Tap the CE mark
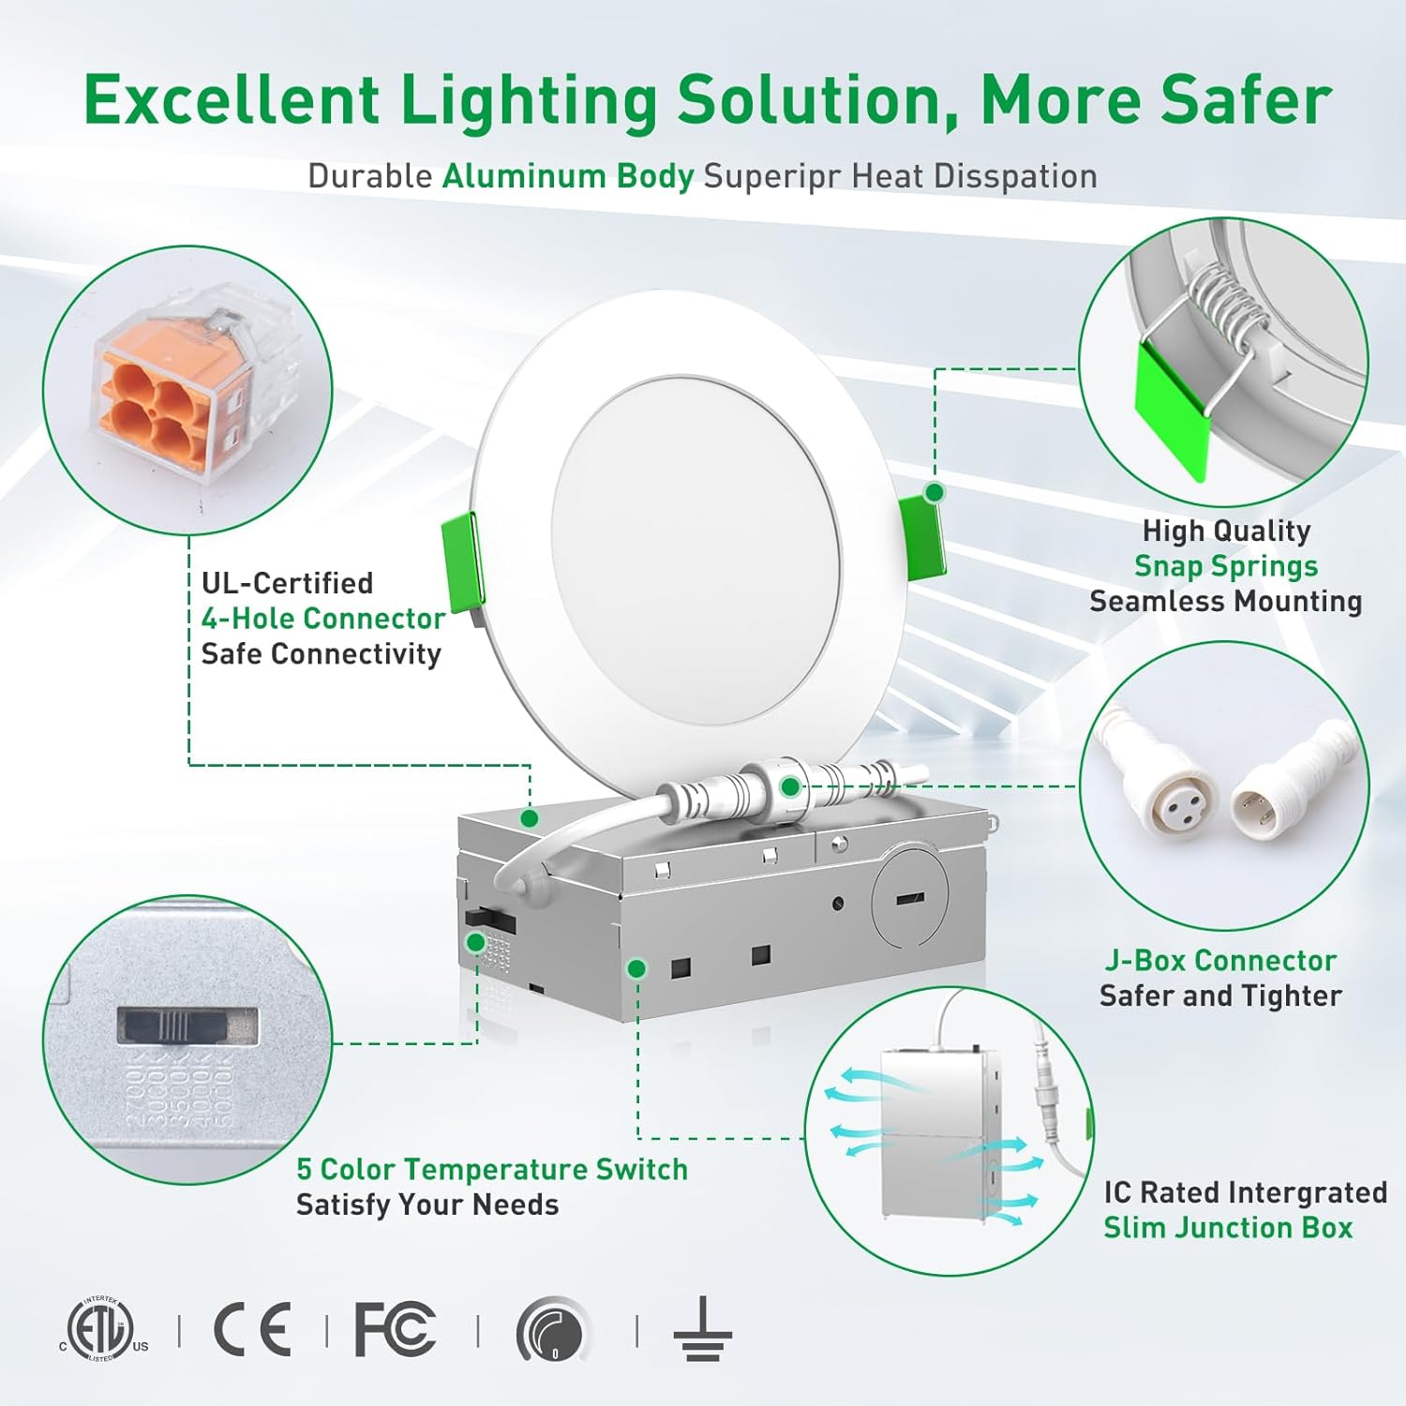[x=252, y=1329]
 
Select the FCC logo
[x=395, y=1329]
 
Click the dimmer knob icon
[x=553, y=1329]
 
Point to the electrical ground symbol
[x=702, y=1329]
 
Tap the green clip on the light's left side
[x=462, y=562]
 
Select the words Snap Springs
[x=1226, y=566]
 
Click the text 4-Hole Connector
[x=322, y=619]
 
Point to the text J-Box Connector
[x=1220, y=961]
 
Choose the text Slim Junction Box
[x=1228, y=1228]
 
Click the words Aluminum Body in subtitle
[x=568, y=176]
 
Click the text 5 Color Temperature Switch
[x=492, y=1170]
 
